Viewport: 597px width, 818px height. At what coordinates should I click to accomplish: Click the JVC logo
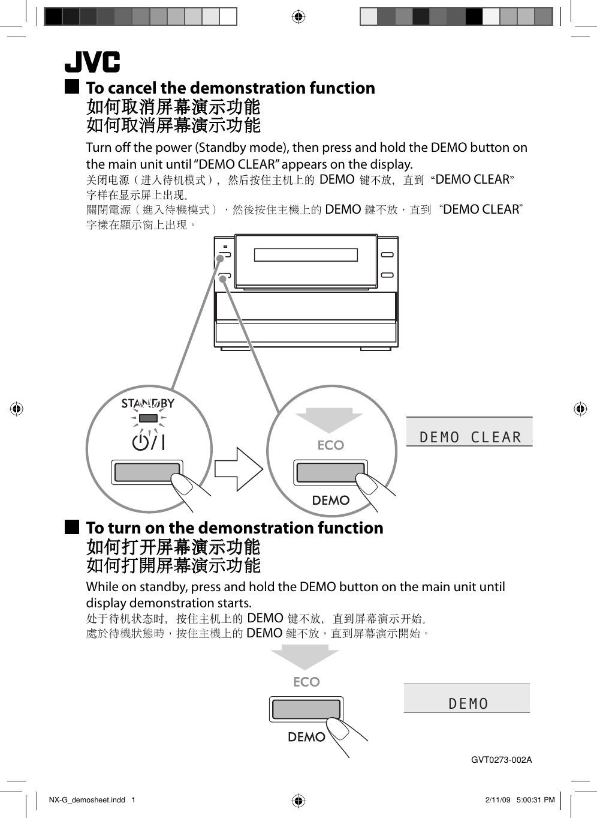point(92,62)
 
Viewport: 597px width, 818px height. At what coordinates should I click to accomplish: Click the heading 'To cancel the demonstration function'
point(230,88)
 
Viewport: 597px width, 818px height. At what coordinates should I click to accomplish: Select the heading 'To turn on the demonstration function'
point(234,528)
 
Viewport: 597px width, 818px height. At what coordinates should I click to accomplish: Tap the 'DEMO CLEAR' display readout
point(470,437)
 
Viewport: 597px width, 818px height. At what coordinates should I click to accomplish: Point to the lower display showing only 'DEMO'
point(468,703)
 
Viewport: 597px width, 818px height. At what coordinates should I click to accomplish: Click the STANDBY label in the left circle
point(147,403)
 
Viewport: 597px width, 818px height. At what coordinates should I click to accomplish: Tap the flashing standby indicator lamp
point(148,418)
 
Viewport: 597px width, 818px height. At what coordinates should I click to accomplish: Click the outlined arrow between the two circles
point(239,469)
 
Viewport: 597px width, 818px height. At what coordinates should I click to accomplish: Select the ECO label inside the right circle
point(331,445)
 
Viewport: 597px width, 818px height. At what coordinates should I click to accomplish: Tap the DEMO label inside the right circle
point(331,501)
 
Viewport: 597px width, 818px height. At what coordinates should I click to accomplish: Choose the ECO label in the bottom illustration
point(306,682)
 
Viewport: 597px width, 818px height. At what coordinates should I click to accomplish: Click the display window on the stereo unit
point(306,255)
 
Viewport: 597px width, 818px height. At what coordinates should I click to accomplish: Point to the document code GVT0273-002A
point(501,760)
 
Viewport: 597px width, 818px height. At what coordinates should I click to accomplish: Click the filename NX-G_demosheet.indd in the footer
point(87,800)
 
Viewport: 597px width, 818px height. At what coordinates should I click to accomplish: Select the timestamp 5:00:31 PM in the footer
point(535,800)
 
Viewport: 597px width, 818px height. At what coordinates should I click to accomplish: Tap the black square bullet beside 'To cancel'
point(72,87)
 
